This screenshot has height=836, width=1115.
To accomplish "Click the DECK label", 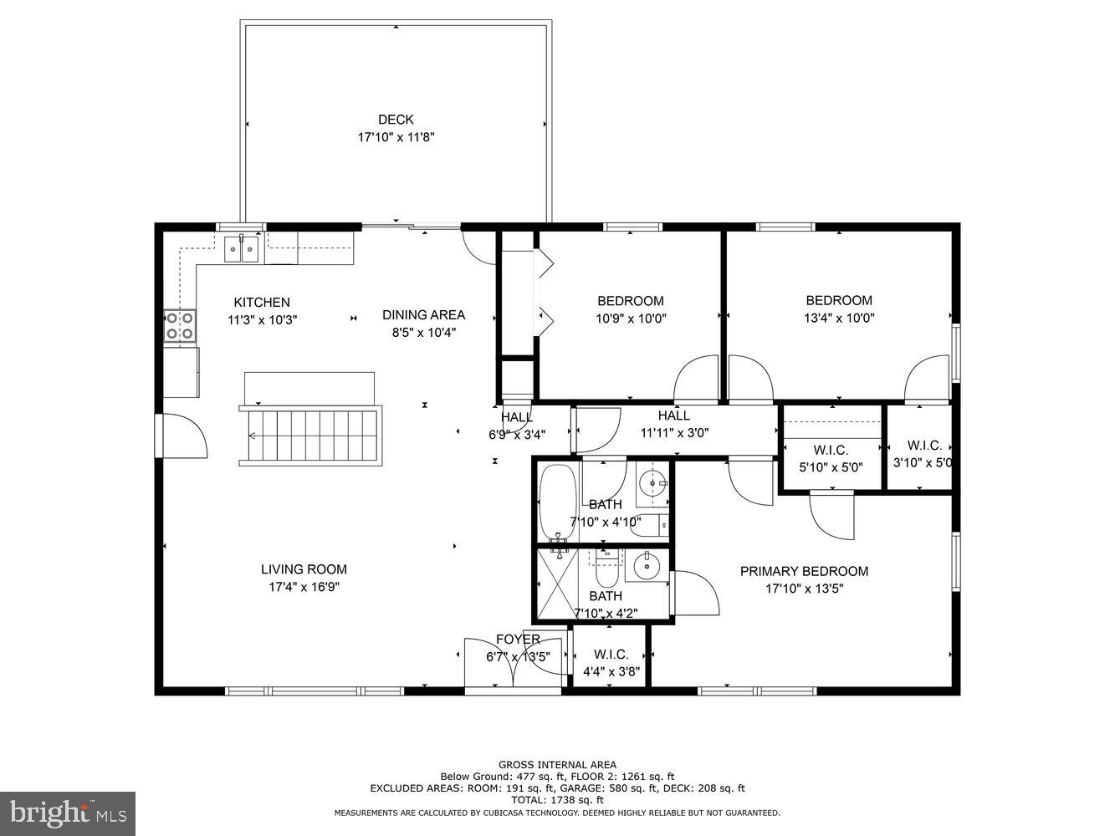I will pos(396,120).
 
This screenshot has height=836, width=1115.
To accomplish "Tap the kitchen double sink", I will pos(242,249).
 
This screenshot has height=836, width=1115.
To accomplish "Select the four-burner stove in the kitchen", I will pos(180,325).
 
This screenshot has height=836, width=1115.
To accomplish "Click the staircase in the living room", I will pos(311,435).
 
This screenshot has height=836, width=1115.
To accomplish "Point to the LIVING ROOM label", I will pos(304,569).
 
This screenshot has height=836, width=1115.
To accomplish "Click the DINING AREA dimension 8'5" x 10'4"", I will pos(423,332).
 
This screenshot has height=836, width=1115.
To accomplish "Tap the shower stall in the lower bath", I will pos(557,584).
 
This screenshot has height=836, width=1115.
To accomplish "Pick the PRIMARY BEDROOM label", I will pos(804,571).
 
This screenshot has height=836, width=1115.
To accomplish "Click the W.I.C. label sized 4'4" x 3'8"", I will pos(610,655).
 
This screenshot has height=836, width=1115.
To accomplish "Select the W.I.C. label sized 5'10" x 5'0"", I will pos(831,450).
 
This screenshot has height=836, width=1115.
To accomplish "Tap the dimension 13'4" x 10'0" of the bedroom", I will pos(839,318).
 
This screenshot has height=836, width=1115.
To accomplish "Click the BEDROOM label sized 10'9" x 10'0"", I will pos(630,301).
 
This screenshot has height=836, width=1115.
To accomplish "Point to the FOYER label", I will pos(518,640).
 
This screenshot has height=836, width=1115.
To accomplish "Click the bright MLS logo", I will pos(68,813).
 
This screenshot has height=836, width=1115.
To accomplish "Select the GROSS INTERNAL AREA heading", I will pos(557,764).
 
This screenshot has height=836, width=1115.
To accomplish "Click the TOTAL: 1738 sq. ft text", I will pos(557,800).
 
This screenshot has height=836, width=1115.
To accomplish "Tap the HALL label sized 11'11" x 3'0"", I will pos(673,415).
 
